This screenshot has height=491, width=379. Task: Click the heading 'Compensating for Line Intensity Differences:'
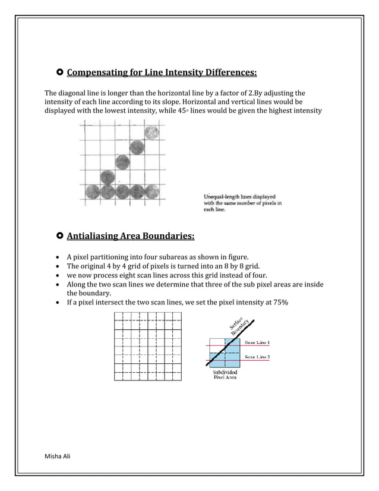162,73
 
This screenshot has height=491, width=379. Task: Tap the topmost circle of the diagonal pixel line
152,132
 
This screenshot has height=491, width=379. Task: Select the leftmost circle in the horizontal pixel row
93,191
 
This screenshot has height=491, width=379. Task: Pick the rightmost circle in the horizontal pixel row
152,191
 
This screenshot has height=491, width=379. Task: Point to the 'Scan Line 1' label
257,342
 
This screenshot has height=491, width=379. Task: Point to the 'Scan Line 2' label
257,357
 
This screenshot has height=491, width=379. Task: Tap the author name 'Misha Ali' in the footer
58,455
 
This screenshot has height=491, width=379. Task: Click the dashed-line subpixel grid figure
148,347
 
